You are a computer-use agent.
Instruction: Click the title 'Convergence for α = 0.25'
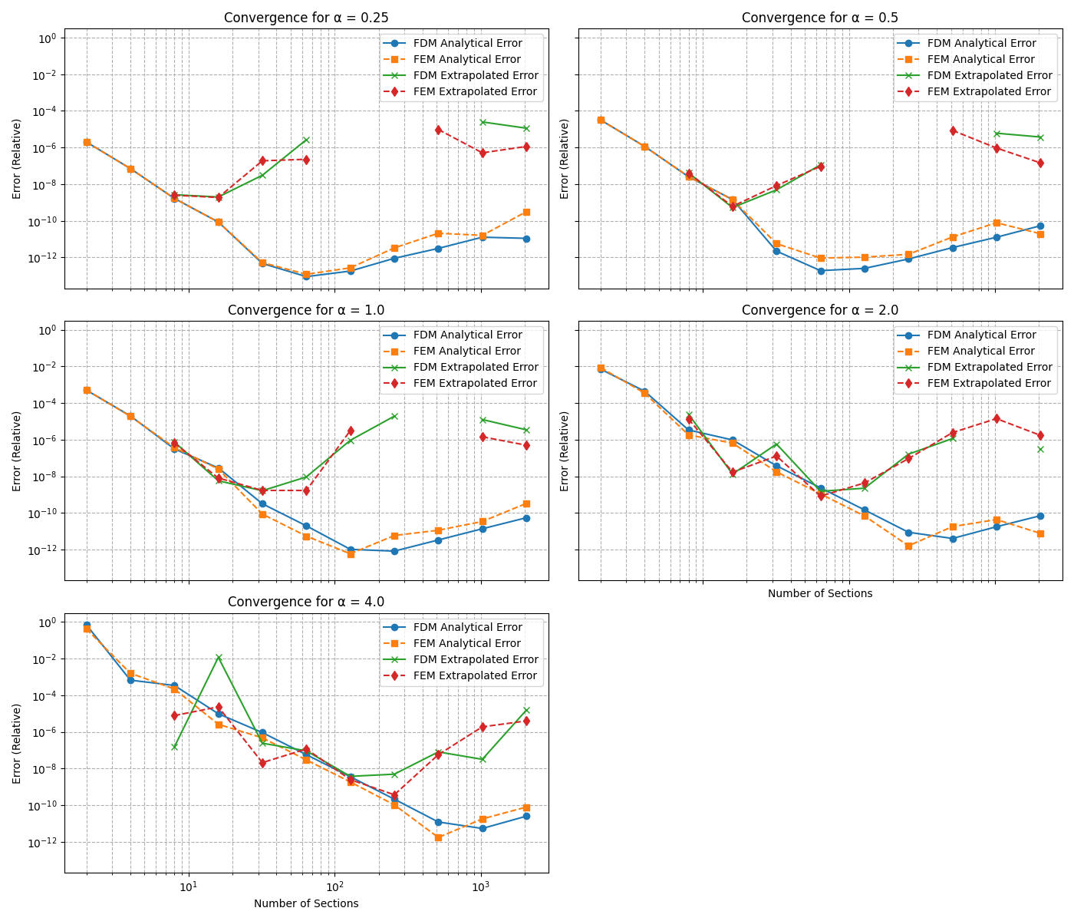coord(306,18)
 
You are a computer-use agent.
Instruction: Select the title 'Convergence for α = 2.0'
coord(820,310)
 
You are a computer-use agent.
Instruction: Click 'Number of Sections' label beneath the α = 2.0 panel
coord(820,593)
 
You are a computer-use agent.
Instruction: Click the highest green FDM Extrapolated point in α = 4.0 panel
coord(219,657)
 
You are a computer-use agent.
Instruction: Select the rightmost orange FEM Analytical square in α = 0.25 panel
coord(526,212)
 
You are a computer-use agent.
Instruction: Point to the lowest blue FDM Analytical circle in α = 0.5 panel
coord(821,271)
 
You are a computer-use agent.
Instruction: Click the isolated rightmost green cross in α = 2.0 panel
coord(1040,449)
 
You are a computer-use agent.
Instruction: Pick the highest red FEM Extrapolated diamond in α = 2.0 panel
coord(997,418)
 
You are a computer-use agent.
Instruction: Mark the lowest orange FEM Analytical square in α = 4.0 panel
coord(438,837)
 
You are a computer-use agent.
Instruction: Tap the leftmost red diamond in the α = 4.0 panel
coord(175,715)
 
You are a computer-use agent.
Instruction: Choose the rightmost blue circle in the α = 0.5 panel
coord(1040,226)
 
